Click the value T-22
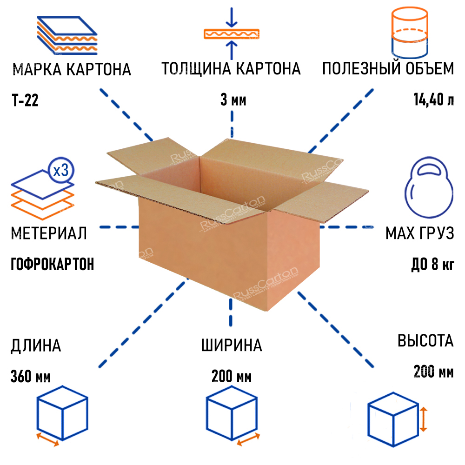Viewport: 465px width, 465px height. point(24,100)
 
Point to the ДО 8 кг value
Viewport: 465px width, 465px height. point(432,265)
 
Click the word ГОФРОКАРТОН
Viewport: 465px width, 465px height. point(52,265)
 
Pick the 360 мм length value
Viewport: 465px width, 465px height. point(31,376)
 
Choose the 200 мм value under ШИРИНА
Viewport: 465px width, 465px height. point(231,376)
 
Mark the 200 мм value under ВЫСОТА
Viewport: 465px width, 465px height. point(433,372)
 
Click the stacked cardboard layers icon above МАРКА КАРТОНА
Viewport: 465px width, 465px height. point(66,35)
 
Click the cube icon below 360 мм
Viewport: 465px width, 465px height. point(62,414)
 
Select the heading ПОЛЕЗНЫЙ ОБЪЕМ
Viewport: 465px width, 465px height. point(387,69)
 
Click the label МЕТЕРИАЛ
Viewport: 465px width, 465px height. point(48,233)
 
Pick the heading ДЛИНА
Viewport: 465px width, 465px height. point(36,346)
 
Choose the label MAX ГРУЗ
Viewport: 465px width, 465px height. point(419,233)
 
